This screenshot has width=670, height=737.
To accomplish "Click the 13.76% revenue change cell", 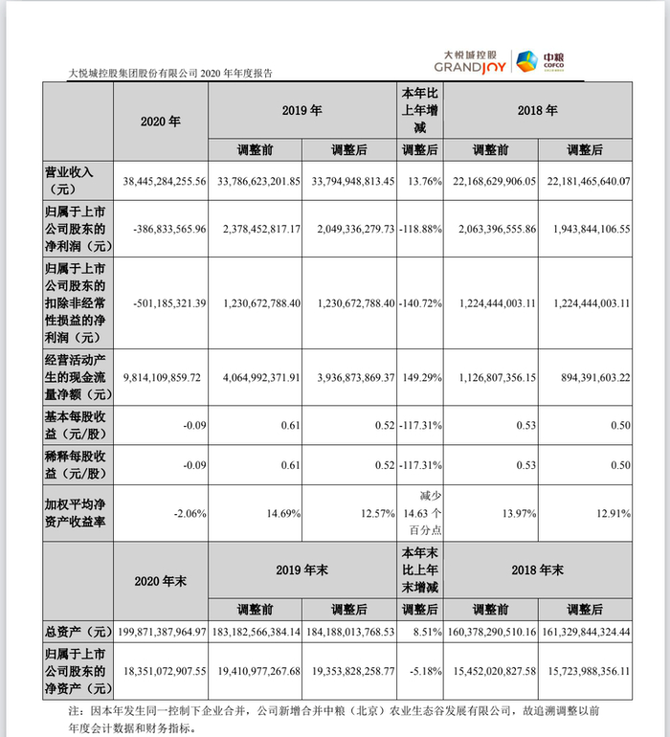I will pos(420,180).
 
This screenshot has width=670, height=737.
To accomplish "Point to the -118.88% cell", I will pos(419,230).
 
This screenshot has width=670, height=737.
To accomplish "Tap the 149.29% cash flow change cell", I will pos(420,377).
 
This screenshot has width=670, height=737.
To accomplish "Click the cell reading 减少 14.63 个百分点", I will pos(420,514).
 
